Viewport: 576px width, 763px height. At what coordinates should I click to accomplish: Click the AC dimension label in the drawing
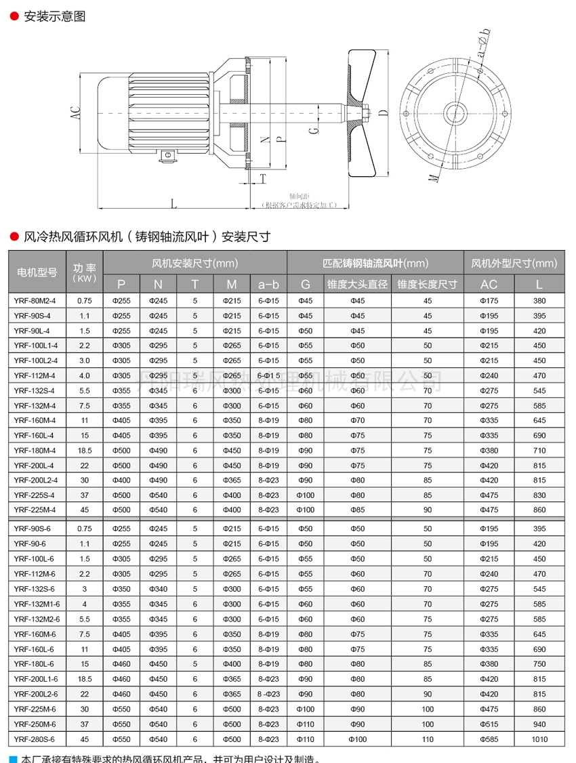[x=75, y=113]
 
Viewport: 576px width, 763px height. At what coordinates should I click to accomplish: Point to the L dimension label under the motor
[x=173, y=203]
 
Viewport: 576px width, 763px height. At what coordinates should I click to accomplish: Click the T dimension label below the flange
[x=263, y=178]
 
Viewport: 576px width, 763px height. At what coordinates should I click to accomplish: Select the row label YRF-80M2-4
[x=35, y=300]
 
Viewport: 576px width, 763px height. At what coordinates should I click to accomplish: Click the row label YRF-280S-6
[x=35, y=739]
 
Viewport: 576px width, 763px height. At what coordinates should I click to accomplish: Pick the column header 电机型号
[x=37, y=272]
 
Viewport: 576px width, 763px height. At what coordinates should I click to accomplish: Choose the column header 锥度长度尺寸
[x=427, y=284]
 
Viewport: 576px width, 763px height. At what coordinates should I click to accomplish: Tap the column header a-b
[x=268, y=284]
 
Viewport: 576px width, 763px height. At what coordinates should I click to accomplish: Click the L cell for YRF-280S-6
[x=539, y=739]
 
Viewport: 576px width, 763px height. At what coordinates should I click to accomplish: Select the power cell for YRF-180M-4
[x=84, y=451]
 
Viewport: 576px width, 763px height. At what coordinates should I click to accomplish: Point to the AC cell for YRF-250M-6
[x=489, y=724]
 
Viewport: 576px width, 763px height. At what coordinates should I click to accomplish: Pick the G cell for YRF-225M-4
[x=305, y=510]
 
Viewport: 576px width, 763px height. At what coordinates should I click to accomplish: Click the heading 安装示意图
[x=54, y=17]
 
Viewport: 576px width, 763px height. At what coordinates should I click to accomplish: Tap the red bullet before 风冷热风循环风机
[x=13, y=236]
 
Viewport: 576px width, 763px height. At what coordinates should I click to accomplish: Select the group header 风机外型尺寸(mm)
[x=514, y=263]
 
